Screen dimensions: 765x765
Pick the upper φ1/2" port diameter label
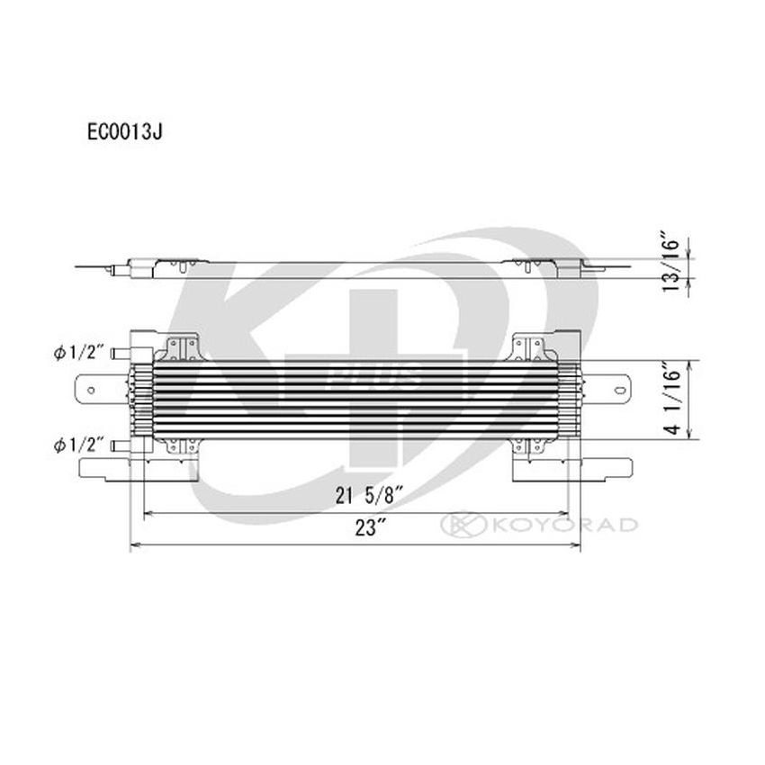80,352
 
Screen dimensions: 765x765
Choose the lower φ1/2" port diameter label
80,445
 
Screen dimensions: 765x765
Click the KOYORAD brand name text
562,525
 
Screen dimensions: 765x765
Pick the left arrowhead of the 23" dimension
136,544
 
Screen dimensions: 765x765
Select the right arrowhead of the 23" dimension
578,544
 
